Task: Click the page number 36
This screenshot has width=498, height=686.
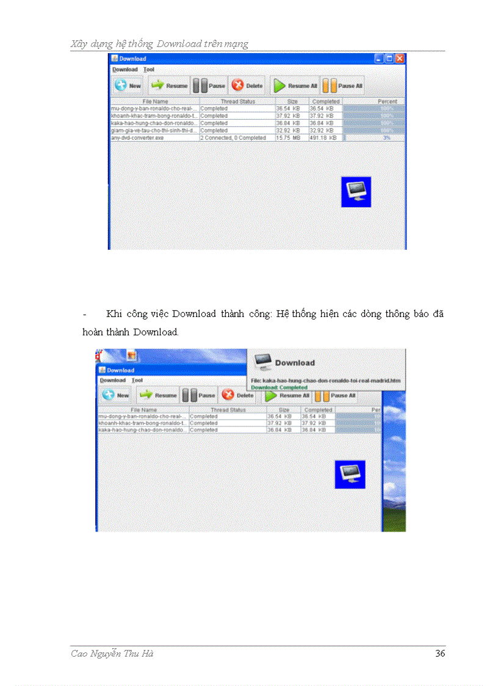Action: point(440,654)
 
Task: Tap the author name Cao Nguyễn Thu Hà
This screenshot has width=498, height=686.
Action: point(112,654)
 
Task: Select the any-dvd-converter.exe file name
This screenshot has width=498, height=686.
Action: point(137,138)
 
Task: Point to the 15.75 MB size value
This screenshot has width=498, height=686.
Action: point(288,138)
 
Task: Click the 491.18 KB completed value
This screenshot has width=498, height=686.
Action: point(323,138)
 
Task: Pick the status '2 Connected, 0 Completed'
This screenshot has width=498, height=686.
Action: point(233,138)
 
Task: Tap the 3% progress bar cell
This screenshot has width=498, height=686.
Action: point(374,138)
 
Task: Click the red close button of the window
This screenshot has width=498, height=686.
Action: point(399,59)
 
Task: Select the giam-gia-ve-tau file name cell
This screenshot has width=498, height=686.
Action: point(154,131)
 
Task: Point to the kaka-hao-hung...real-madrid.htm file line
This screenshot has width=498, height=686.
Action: point(327,380)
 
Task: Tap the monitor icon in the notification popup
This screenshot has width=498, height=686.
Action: point(262,362)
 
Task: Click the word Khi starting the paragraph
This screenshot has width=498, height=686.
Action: point(114,314)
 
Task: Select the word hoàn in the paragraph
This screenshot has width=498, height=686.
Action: point(93,332)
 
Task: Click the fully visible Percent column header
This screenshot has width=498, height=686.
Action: point(387,101)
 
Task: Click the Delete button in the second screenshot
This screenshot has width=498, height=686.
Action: point(239,395)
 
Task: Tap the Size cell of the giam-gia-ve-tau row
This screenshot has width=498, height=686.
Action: point(288,131)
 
